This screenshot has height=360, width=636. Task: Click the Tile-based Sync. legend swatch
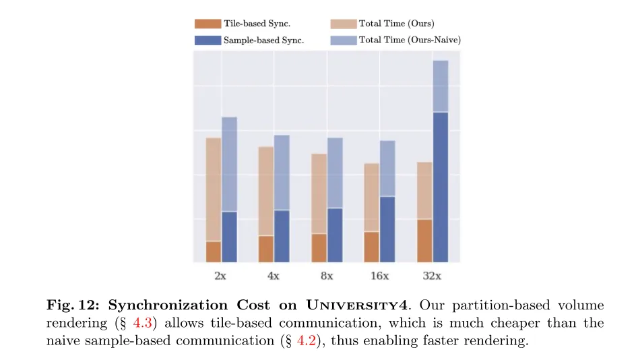208,24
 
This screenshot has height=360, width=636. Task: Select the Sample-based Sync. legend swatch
208,40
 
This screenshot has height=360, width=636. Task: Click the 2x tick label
221,276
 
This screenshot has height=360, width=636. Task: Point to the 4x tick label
274,276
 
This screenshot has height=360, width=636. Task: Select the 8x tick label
327,276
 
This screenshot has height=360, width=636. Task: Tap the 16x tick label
379,276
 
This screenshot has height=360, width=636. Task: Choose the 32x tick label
433,276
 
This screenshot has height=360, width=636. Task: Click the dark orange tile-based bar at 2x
214,251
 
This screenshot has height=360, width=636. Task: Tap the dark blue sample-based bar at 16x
387,229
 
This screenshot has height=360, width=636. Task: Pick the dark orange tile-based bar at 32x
424,241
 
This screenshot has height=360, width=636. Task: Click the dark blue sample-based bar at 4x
282,236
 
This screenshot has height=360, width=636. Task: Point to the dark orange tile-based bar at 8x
319,248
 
